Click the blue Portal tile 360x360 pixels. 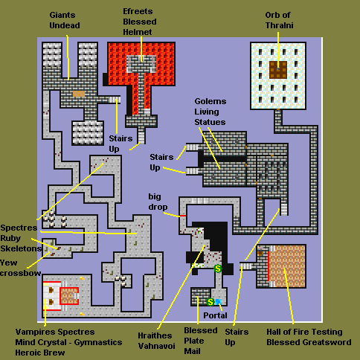tap(219, 302)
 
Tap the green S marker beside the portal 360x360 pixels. tap(210, 302)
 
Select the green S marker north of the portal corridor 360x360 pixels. tap(218, 269)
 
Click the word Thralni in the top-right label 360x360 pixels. tap(280, 25)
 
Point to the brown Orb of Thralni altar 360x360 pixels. tap(278, 70)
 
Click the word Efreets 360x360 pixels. tap(138, 11)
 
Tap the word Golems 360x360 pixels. tap(210, 101)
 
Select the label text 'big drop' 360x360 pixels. tap(158, 202)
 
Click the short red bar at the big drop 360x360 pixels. tap(183, 216)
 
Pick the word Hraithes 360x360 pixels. tap(155, 335)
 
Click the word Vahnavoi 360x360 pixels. tap(157, 346)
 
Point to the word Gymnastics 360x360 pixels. tap(98, 342)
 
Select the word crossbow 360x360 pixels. tap(21, 273)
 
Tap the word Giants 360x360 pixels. tap(62, 15)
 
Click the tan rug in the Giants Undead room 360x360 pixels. tap(79, 94)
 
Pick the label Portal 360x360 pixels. tap(215, 315)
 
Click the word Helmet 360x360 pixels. tap(138, 32)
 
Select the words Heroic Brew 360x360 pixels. tap(40, 353)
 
